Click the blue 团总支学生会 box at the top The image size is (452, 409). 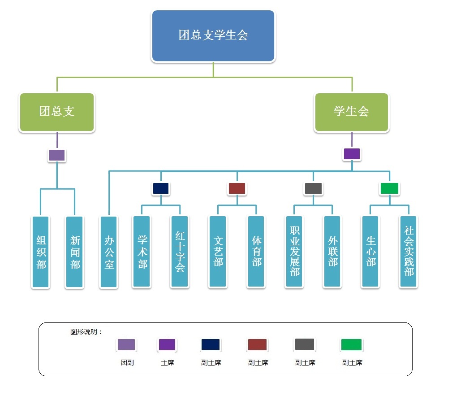[x=213, y=35]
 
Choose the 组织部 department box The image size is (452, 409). [x=41, y=252]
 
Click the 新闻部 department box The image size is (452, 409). [x=74, y=252]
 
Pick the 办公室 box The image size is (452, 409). [x=109, y=252]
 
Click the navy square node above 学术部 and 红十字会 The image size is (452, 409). [x=161, y=188]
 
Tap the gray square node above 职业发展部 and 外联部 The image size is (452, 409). [x=313, y=188]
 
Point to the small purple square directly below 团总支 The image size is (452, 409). [x=57, y=155]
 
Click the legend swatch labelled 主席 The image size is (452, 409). [x=167, y=344]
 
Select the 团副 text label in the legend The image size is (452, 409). [x=127, y=363]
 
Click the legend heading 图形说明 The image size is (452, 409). [x=86, y=332]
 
